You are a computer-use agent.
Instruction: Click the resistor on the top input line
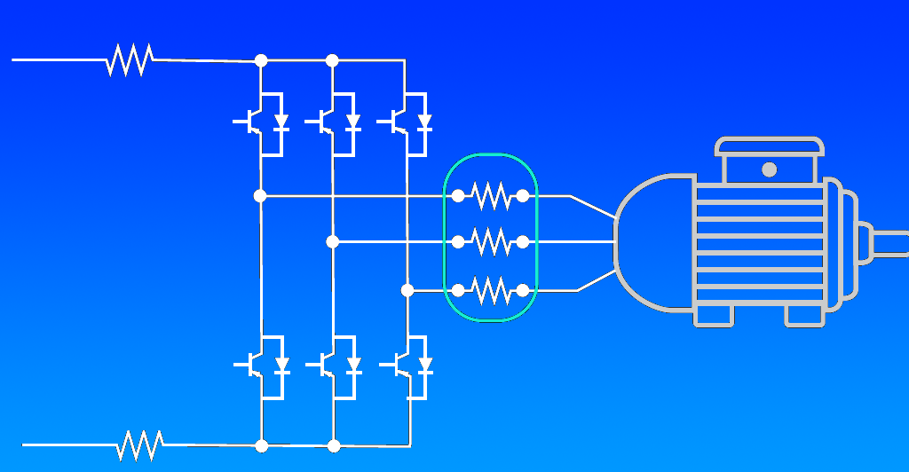pos(130,59)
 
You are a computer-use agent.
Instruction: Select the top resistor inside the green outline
pos(491,195)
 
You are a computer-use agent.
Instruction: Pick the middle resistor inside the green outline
pos(491,241)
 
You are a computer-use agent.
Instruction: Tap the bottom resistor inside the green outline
pos(491,289)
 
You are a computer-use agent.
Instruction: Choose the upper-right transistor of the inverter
pos(397,122)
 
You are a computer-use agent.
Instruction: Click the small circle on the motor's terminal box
pos(769,169)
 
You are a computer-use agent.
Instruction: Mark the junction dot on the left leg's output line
pos(260,195)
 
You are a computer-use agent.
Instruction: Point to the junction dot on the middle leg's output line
pos(332,241)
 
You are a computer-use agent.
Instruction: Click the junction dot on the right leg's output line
pos(407,289)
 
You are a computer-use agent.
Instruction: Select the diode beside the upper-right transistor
pos(424,121)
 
